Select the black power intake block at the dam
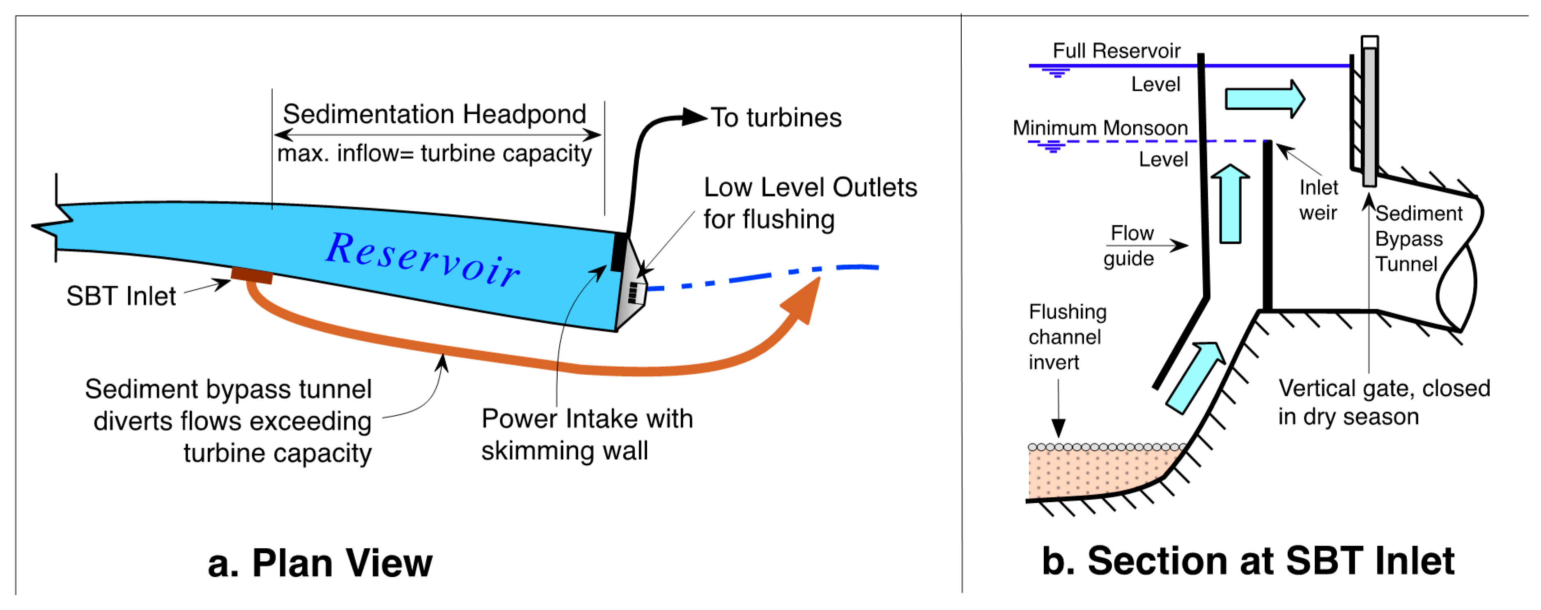(x=618, y=252)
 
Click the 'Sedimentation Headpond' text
(x=434, y=114)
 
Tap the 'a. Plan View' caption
(x=319, y=563)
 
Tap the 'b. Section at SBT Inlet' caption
(x=1248, y=561)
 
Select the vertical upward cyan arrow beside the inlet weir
(x=1230, y=205)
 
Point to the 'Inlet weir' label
(x=1318, y=200)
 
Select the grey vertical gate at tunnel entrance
(x=1369, y=114)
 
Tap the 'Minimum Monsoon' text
(x=1100, y=128)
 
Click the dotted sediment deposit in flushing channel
(x=1095, y=473)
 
